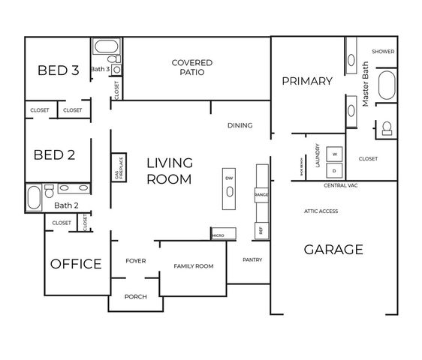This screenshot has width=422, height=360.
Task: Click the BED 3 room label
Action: (59, 70)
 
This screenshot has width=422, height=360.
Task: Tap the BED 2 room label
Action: (55, 155)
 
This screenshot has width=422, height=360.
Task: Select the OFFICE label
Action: (76, 264)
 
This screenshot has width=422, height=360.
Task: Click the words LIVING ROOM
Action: (169, 170)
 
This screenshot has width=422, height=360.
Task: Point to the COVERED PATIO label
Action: (191, 67)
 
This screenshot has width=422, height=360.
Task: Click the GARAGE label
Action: (333, 250)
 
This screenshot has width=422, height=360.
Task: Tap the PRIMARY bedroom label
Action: (307, 81)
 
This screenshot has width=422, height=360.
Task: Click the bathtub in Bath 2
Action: (34, 199)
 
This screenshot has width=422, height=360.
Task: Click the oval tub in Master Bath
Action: (386, 86)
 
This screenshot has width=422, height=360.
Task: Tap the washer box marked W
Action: (335, 153)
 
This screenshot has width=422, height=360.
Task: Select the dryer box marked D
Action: (335, 170)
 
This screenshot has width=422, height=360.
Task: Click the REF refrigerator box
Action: (261, 229)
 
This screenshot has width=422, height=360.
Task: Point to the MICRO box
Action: (218, 235)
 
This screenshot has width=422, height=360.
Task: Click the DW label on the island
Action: (229, 178)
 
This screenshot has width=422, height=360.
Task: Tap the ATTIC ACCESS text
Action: (321, 211)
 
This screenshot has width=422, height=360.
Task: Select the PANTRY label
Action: (252, 259)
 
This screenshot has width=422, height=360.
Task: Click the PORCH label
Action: (135, 296)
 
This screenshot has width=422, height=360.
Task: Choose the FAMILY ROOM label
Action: (194, 266)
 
